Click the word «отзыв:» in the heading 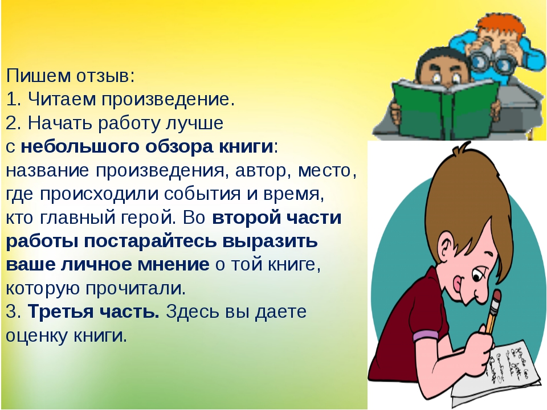105,76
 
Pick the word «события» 202,194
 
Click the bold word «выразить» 270,240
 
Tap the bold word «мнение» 173,264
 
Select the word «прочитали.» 136,288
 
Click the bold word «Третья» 60,311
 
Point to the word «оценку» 37,335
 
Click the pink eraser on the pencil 496,296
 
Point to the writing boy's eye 478,276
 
